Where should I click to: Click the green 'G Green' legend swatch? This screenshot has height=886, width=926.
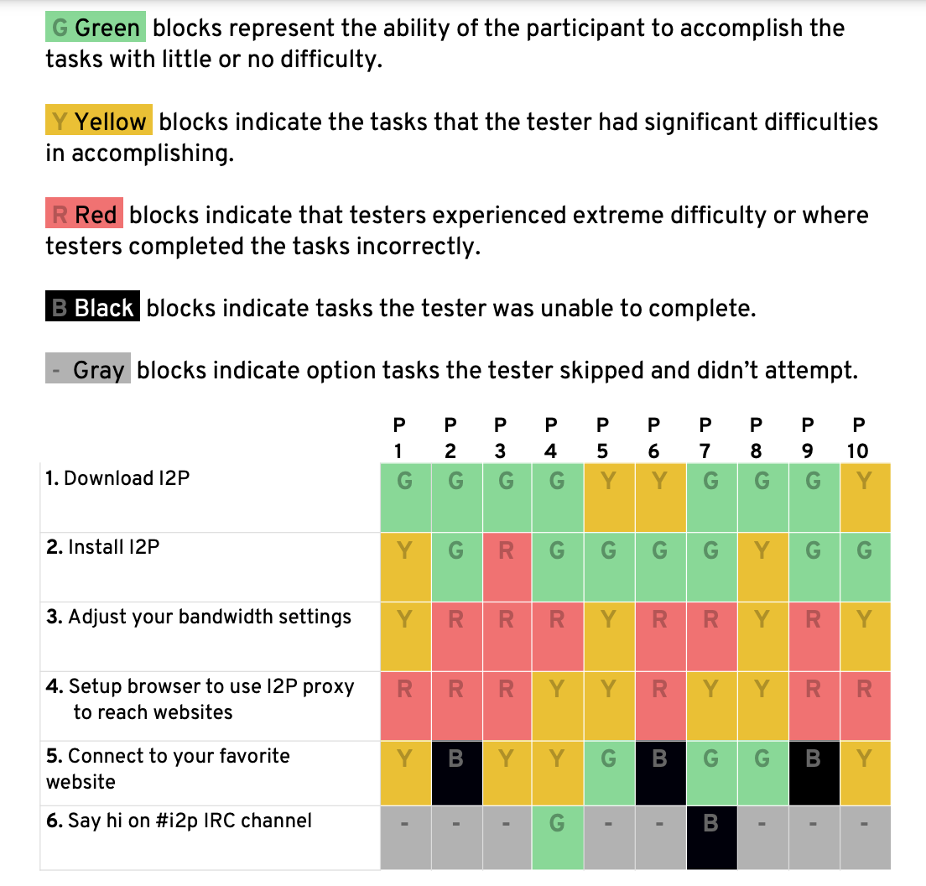95,29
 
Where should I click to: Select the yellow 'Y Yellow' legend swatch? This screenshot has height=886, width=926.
98,122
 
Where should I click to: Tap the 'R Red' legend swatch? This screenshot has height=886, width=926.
84,215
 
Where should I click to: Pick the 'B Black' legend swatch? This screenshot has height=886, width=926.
92,308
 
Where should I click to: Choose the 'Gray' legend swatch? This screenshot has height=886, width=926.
88,369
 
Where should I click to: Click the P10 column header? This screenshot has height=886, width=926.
857,437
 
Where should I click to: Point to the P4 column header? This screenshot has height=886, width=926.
550,437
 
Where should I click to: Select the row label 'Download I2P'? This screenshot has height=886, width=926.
118,478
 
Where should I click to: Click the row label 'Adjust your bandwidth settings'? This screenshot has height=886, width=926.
199,618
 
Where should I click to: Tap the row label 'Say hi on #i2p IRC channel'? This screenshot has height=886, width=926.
179,820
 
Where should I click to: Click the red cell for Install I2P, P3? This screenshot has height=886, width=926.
506,566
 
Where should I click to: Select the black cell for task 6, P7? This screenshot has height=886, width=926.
710,837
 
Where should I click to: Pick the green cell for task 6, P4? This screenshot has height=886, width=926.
557,837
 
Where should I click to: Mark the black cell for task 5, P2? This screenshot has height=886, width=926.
455,773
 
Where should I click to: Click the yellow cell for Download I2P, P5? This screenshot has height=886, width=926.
608,498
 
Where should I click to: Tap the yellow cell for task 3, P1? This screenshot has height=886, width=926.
405,636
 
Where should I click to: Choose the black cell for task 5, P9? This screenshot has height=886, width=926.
813,773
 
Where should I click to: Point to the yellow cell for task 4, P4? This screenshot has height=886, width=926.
557,706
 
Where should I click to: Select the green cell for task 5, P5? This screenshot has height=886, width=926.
608,773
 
